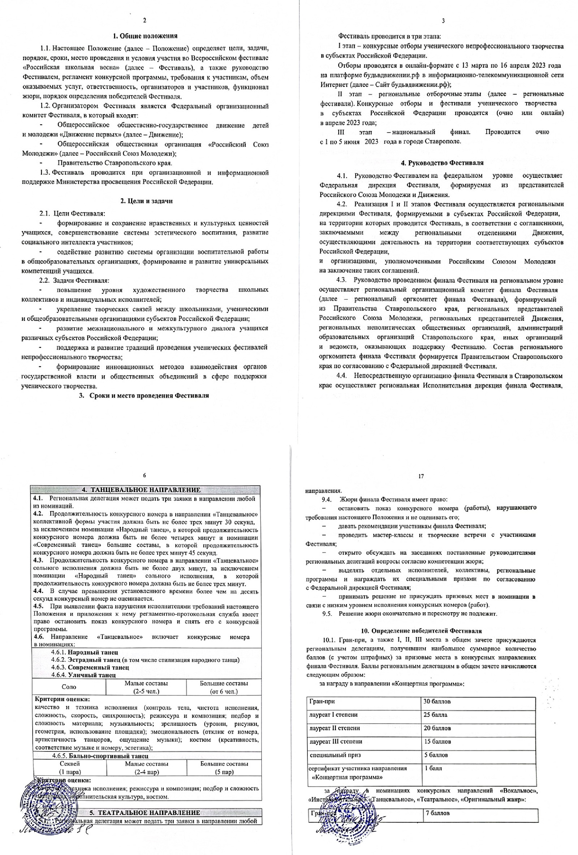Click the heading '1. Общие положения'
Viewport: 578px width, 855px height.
click(145, 36)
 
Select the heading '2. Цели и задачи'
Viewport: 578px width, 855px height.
click(146, 201)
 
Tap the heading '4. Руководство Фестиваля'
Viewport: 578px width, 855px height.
click(442, 163)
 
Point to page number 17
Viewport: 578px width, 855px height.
click(421, 476)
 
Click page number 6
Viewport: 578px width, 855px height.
click(144, 475)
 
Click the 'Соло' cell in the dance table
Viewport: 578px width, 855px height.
click(69, 687)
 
